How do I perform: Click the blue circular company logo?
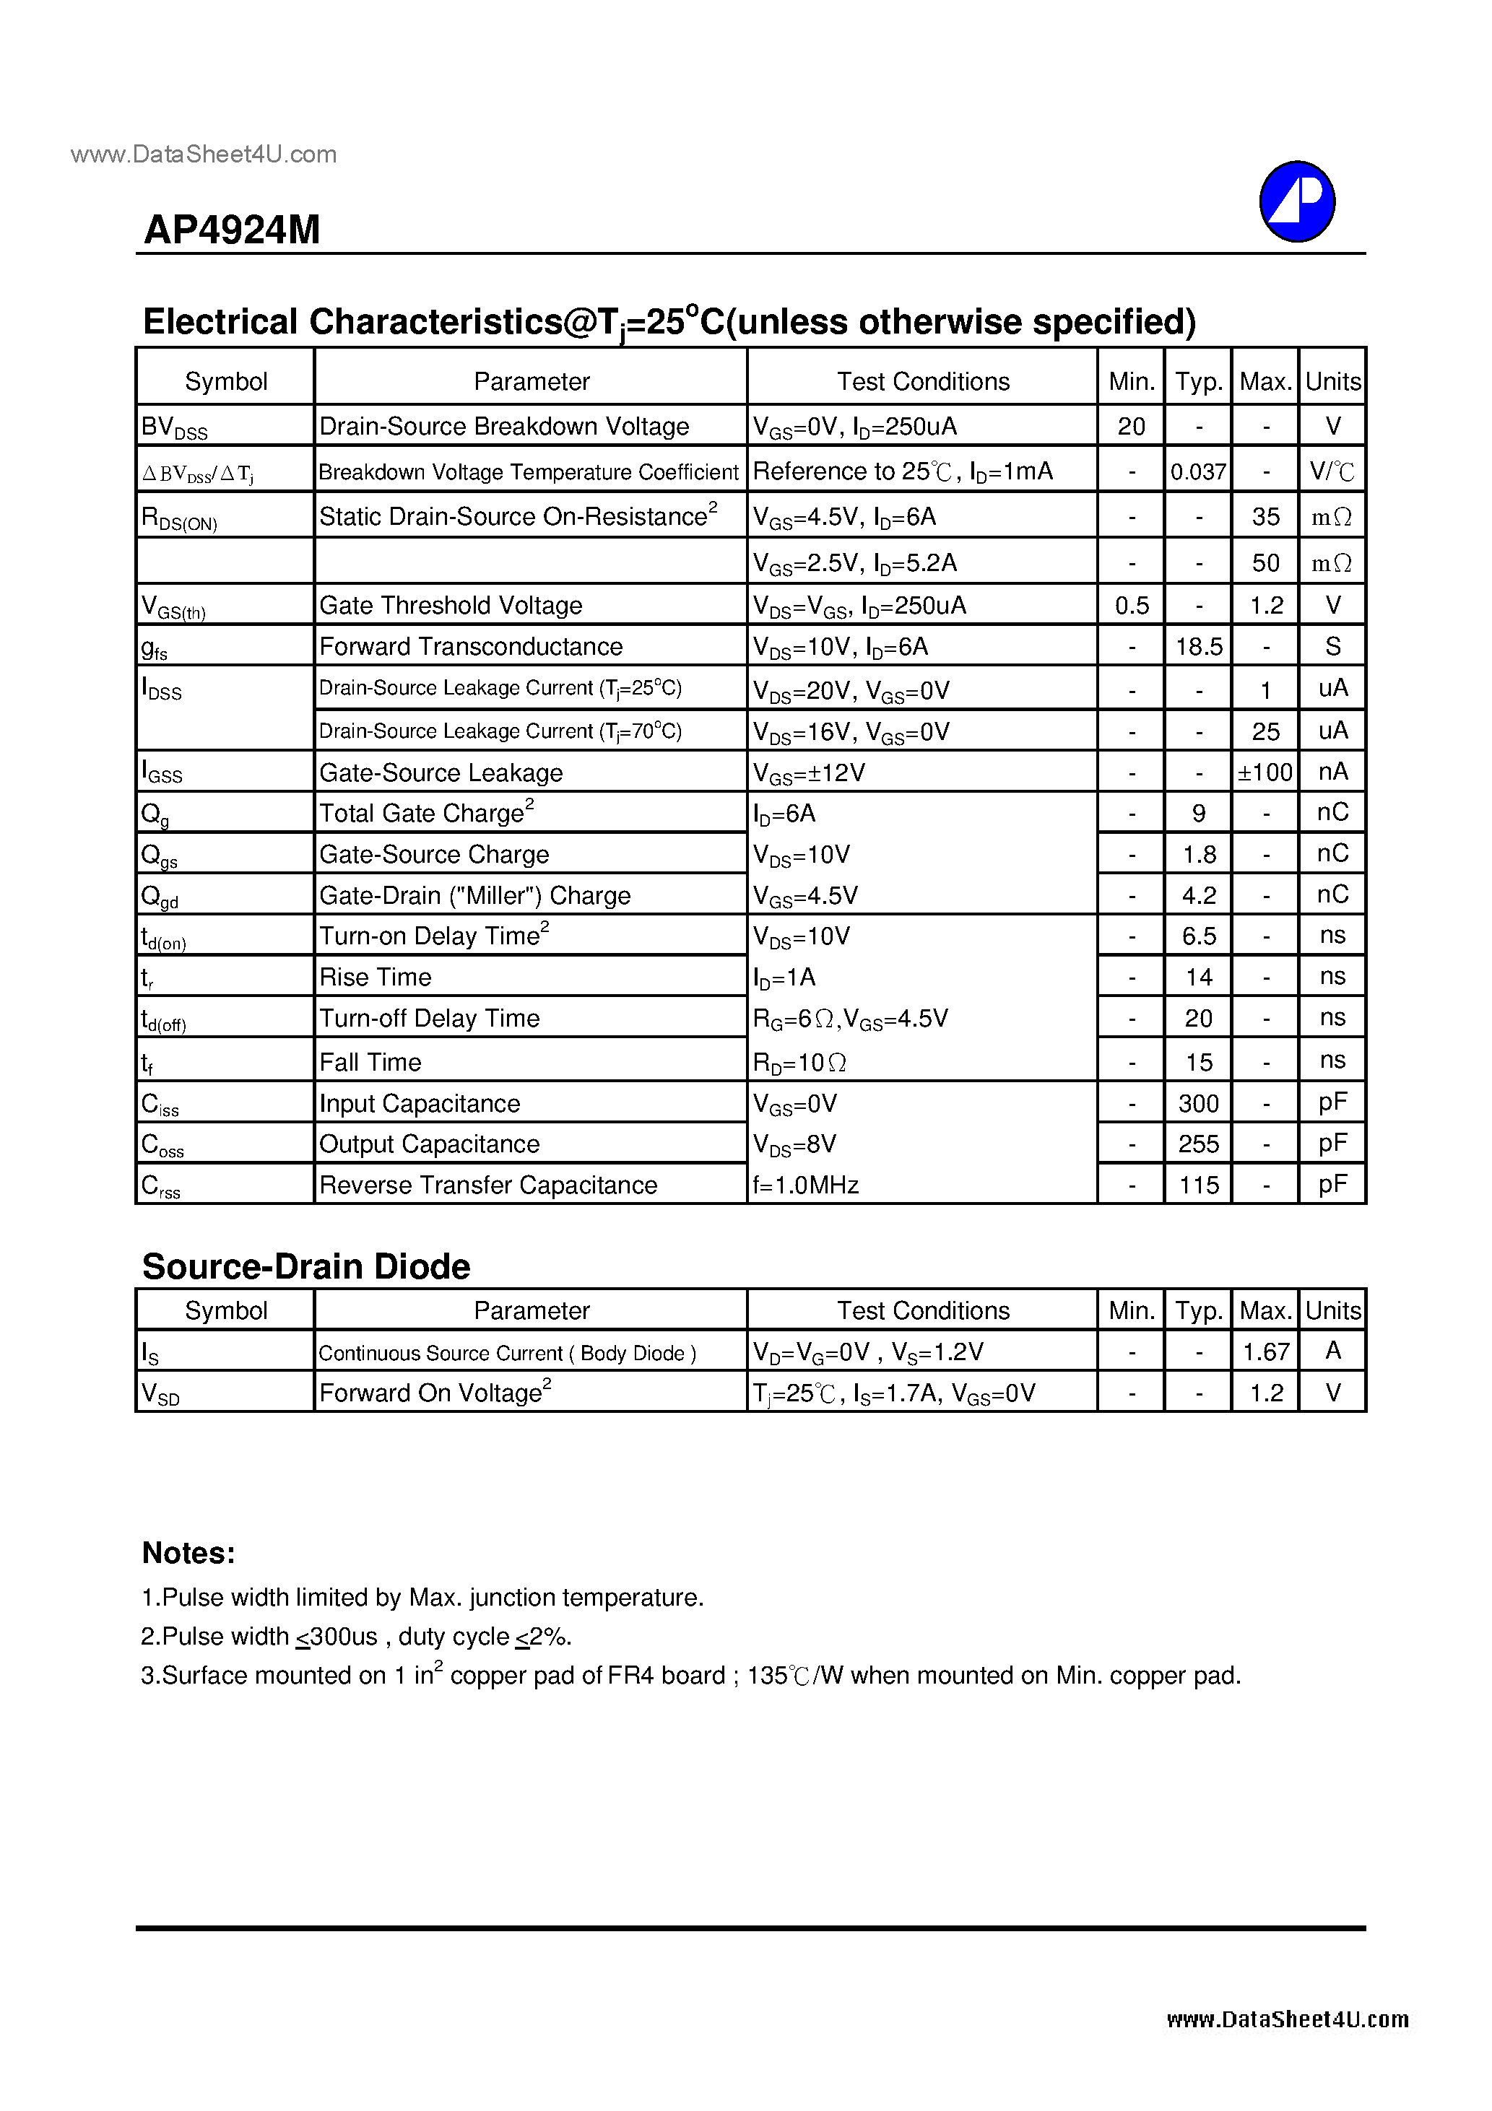pyautogui.click(x=1296, y=201)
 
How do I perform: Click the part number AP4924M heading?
pyautogui.click(x=232, y=230)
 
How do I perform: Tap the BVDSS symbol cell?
pyautogui.click(x=175, y=427)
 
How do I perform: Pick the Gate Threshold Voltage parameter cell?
pyautogui.click(x=451, y=605)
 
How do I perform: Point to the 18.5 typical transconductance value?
pyautogui.click(x=1199, y=646)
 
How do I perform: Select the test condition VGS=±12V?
pyautogui.click(x=809, y=773)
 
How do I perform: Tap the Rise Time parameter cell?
pyautogui.click(x=376, y=976)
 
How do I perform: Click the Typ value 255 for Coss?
pyautogui.click(x=1199, y=1144)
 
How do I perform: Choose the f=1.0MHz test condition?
pyautogui.click(x=806, y=1185)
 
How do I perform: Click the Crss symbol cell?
pyautogui.click(x=161, y=1186)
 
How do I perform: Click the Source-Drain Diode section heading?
pyautogui.click(x=306, y=1266)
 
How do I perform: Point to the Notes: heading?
pyautogui.click(x=188, y=1553)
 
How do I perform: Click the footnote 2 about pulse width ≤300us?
pyautogui.click(x=356, y=1637)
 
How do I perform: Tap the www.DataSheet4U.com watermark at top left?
pyautogui.click(x=203, y=154)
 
